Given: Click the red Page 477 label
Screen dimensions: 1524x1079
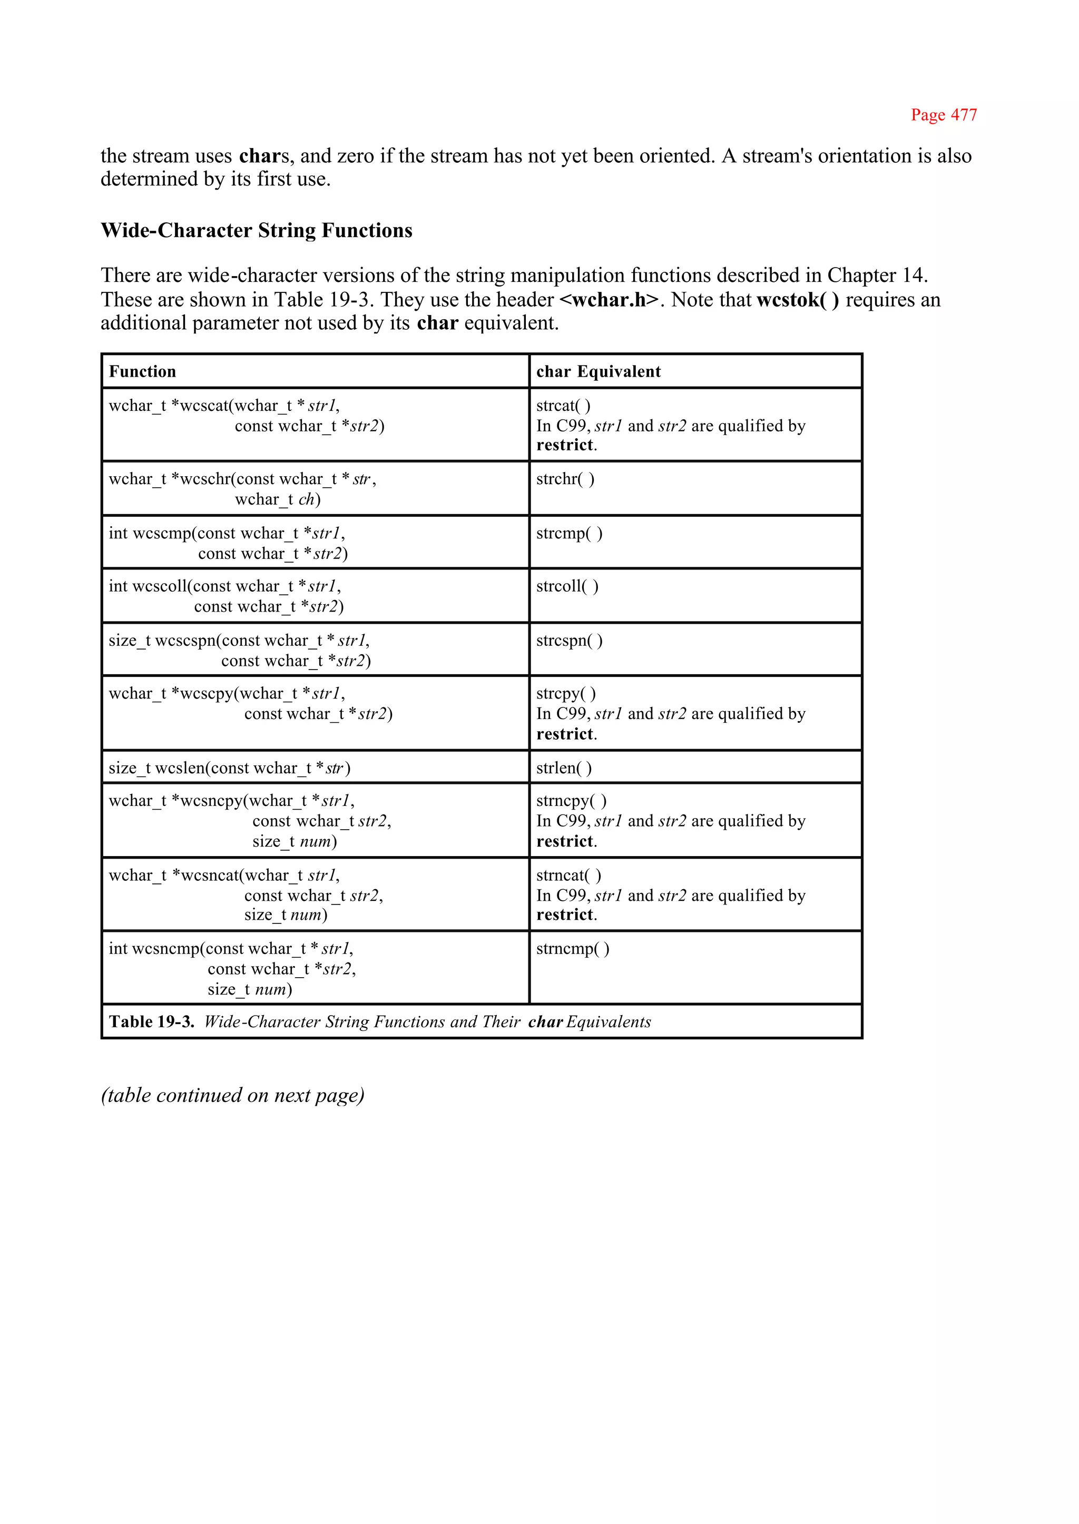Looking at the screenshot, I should [944, 115].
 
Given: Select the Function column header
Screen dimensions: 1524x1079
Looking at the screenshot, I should [142, 371].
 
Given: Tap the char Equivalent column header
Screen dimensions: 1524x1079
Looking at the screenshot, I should [598, 371].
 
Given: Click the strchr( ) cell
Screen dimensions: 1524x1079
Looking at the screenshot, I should [565, 479].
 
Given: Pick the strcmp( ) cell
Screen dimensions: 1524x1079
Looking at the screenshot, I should [568, 534].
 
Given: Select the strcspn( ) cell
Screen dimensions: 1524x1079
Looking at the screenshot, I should [568, 641].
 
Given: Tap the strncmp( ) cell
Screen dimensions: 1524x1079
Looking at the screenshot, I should [572, 949].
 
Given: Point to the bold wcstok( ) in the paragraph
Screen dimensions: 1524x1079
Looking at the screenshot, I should [797, 300].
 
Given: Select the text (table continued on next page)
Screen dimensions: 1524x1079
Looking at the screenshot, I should [232, 1095].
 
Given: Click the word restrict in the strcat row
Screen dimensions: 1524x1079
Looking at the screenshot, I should [565, 445].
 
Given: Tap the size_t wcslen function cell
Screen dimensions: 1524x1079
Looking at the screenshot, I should [229, 768].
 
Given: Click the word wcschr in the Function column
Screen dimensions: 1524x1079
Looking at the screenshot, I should [205, 479].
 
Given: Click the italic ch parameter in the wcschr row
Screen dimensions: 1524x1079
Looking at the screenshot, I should [306, 499].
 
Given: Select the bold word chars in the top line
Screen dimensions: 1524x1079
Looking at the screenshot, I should [263, 156].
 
